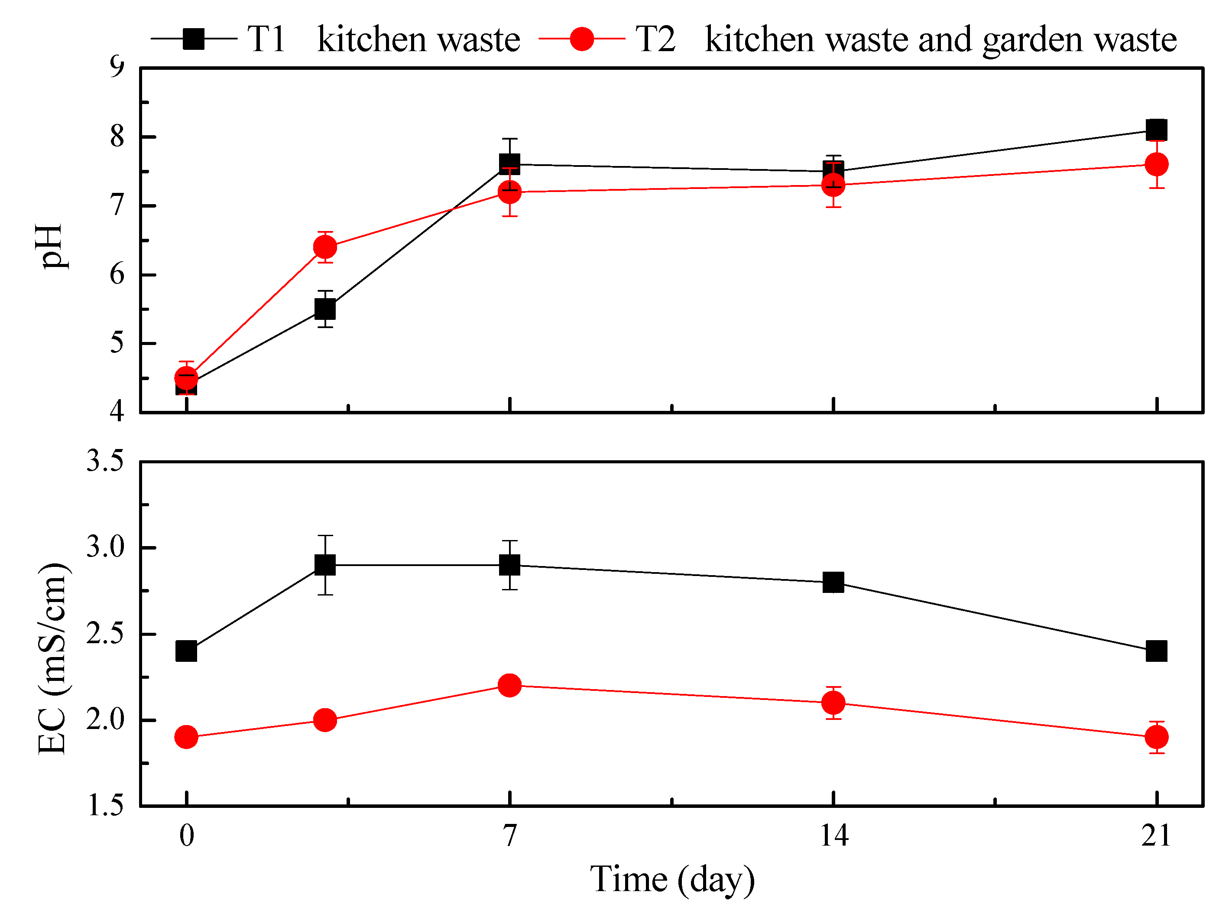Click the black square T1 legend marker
coord(193,39)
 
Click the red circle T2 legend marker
coord(582,39)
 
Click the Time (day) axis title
coord(672,879)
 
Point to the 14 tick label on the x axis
coord(833,836)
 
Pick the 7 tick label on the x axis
coord(510,836)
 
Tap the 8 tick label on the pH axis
coord(117,137)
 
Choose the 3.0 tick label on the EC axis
coord(105,547)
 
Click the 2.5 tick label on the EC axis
coord(105,634)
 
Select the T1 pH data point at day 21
coord(1157,130)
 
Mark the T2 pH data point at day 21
coord(1157,164)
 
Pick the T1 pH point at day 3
coord(325,309)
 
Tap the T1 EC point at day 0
coord(186,651)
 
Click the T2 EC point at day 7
coord(510,685)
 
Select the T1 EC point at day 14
coord(833,582)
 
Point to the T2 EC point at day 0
coord(186,737)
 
